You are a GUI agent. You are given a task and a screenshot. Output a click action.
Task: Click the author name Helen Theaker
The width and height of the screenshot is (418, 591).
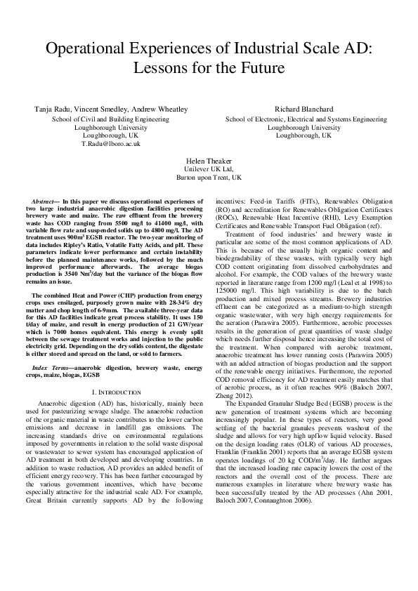pyautogui.click(x=209, y=161)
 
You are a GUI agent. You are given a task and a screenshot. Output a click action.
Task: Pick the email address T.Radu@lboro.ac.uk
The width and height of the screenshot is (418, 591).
pyautogui.click(x=111, y=143)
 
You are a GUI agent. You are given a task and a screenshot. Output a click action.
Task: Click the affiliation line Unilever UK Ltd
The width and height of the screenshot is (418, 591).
pyautogui.click(x=209, y=170)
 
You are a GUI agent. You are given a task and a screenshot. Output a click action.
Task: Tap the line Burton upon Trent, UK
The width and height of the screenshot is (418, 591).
pyautogui.click(x=209, y=178)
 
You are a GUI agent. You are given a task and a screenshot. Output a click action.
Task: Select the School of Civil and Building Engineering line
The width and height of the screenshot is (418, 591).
pyautogui.click(x=111, y=119)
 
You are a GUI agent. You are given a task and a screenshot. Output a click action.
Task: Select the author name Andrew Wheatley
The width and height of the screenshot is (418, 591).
pyautogui.click(x=161, y=109)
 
